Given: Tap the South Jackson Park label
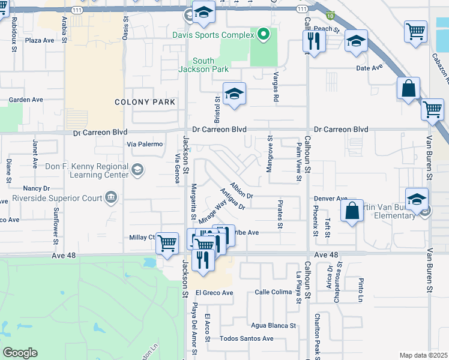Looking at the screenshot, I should (203, 65).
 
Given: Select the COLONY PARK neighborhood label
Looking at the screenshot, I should (145, 102).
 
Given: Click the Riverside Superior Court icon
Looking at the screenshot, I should (110, 197).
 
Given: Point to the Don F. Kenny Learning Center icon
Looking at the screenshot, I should (137, 170).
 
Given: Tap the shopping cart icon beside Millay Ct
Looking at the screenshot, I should (167, 242).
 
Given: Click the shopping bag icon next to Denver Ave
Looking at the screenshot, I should (352, 211).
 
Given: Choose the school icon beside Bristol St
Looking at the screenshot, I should (234, 93).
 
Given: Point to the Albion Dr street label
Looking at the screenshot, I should (243, 190).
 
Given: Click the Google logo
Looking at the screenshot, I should (20, 353).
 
